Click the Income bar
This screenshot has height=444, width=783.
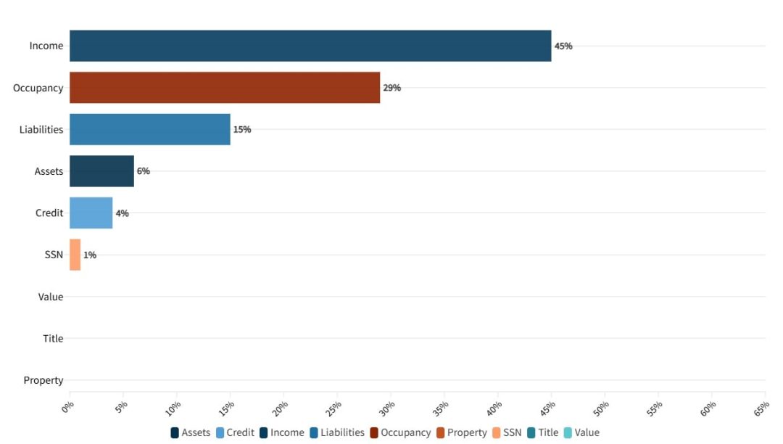(310, 46)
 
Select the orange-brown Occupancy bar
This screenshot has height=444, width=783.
(225, 88)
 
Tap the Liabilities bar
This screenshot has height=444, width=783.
(150, 129)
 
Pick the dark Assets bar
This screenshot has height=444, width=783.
(101, 171)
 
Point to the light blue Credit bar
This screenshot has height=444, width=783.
(91, 213)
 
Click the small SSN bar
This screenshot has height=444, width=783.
(75, 255)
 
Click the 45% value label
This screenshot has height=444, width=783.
(563, 46)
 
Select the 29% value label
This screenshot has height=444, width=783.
(392, 88)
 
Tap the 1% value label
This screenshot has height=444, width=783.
(90, 255)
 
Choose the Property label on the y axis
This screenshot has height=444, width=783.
(43, 380)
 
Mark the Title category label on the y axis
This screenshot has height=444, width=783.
(53, 338)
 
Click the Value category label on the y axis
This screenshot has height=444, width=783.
(51, 297)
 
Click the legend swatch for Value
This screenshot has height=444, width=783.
(568, 432)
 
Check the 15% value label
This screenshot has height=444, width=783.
(242, 129)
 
